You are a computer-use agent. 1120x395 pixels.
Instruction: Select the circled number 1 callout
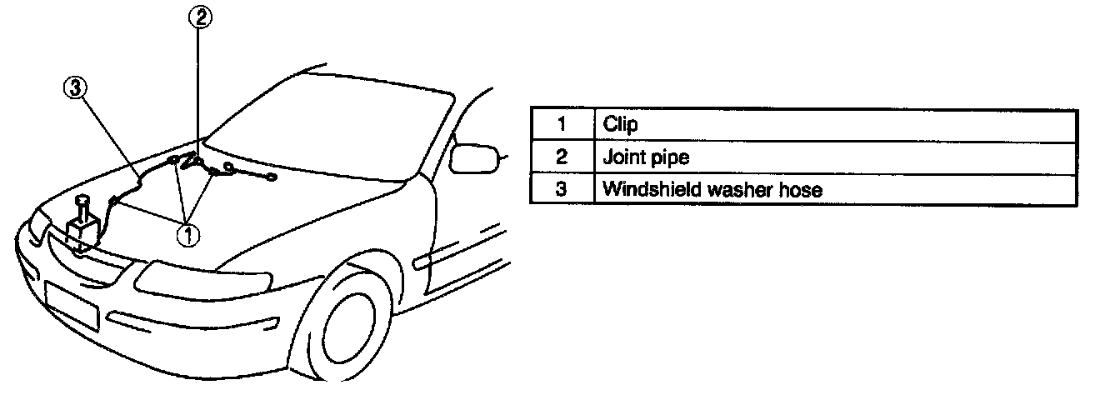[187, 235]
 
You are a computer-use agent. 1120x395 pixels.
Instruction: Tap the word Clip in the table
[620, 125]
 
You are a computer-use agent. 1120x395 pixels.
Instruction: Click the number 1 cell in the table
[562, 125]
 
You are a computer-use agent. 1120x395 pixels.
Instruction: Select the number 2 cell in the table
[562, 157]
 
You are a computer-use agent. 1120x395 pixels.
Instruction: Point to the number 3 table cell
[562, 189]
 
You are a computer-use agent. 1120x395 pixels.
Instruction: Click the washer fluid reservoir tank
[84, 229]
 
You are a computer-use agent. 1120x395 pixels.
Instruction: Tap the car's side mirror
[475, 157]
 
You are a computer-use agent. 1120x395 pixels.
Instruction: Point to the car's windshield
[350, 125]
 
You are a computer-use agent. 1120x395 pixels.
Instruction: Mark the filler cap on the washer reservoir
[82, 200]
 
